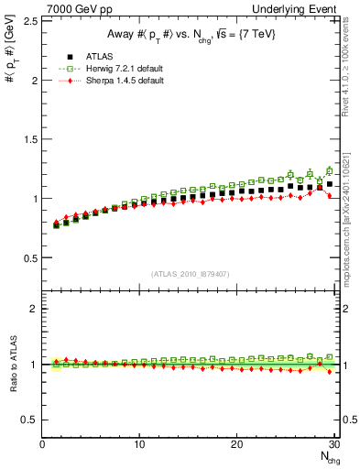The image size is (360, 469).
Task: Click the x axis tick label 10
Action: click(x=140, y=445)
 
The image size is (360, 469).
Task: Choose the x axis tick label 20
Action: click(x=237, y=445)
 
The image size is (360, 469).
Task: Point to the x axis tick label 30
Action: click(x=333, y=445)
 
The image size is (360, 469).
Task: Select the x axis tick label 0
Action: click(x=43, y=445)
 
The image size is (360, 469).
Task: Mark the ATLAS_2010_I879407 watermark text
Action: click(x=191, y=273)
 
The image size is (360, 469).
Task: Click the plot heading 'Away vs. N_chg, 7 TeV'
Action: click(x=191, y=36)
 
